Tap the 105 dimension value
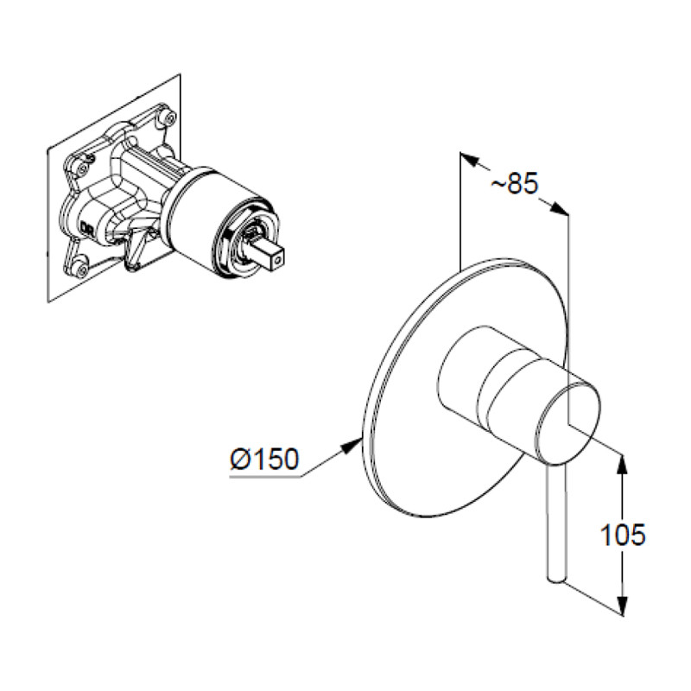pyautogui.click(x=623, y=535)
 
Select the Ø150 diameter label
pyautogui.click(x=264, y=459)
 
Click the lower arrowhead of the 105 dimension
pyautogui.click(x=622, y=605)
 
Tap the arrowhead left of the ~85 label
pyautogui.click(x=469, y=159)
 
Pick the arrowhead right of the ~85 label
pyautogui.click(x=558, y=209)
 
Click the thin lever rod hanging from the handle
pyautogui.click(x=555, y=523)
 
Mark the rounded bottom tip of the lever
pyautogui.click(x=555, y=580)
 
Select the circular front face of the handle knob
pyautogui.click(x=568, y=424)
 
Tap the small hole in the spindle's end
pyautogui.click(x=276, y=262)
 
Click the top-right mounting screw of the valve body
pyautogui.click(x=167, y=116)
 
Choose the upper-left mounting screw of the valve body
pyautogui.click(x=82, y=168)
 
